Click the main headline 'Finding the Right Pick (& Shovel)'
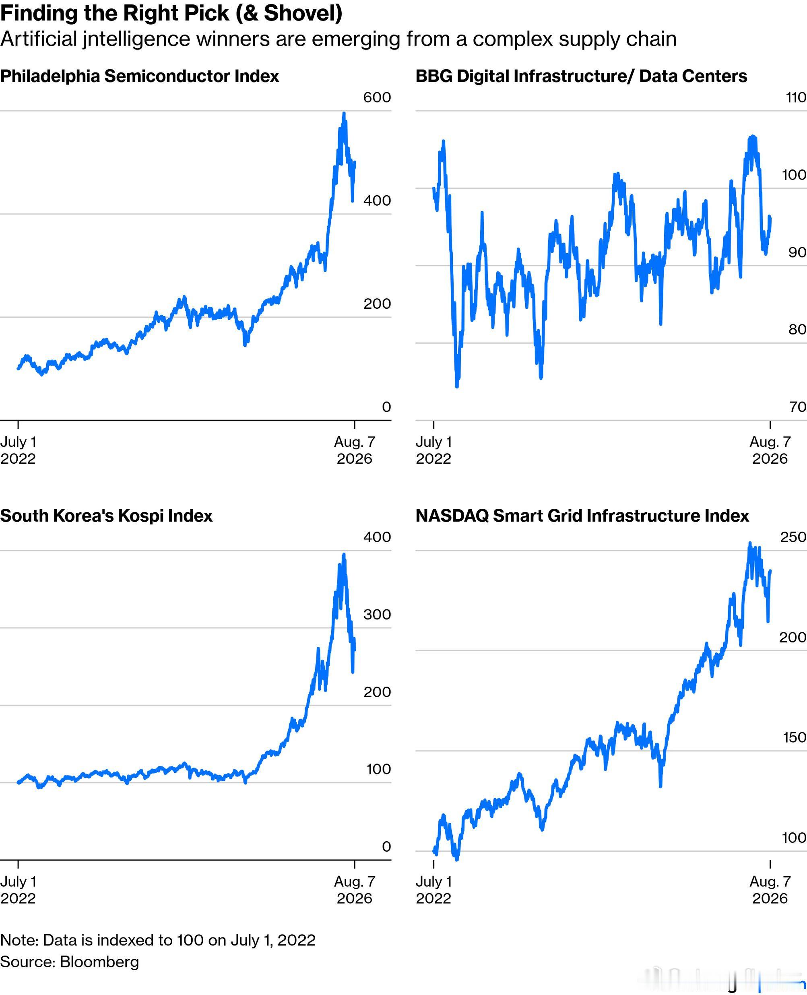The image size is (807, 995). click(171, 13)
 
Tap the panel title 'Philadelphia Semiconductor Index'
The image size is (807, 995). click(139, 76)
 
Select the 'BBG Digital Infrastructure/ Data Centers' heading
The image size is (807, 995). click(581, 76)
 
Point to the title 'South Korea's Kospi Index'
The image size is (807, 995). click(106, 516)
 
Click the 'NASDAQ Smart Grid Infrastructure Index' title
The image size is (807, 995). click(582, 516)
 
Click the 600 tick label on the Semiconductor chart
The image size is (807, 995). click(377, 97)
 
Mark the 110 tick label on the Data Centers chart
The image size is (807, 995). click(796, 97)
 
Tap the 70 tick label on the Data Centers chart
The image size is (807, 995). click(797, 407)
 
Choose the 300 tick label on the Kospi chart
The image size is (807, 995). click(377, 614)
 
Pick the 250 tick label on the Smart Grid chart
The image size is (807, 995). click(793, 537)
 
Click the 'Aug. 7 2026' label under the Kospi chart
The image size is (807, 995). click(355, 890)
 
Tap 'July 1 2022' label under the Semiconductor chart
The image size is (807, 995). click(18, 450)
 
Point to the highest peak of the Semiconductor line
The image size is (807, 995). click(344, 114)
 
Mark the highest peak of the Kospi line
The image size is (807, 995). click(344, 554)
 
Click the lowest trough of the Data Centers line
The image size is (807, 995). click(457, 386)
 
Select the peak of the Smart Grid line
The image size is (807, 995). click(750, 543)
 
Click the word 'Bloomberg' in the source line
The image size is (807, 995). click(99, 962)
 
